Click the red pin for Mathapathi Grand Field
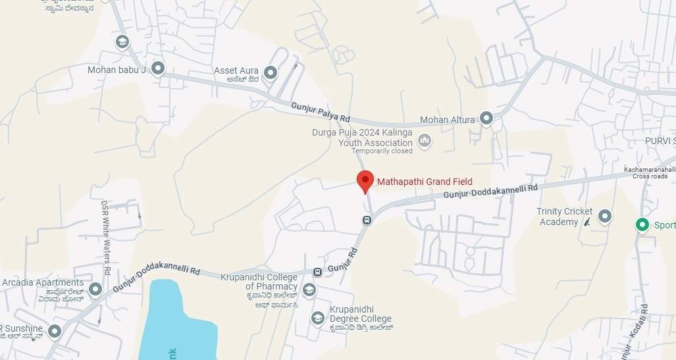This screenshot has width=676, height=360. click(x=365, y=180)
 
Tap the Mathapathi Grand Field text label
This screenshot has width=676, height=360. click(x=424, y=182)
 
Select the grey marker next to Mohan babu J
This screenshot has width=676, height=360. click(x=157, y=68)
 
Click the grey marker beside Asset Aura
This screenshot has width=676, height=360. click(x=270, y=72)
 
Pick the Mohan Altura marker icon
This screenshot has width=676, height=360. click(x=486, y=118)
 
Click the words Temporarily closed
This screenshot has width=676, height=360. click(x=382, y=151)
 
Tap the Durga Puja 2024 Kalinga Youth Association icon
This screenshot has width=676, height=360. click(x=425, y=140)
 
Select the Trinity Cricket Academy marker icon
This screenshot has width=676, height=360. click(x=604, y=215)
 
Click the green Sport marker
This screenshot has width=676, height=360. click(x=642, y=225)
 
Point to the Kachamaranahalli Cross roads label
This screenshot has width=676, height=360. click(x=650, y=172)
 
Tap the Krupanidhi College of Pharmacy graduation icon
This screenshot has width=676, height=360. click(x=309, y=289)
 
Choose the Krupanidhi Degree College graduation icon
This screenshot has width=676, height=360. click(x=318, y=319)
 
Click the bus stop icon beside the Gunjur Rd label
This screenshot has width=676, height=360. click(x=317, y=272)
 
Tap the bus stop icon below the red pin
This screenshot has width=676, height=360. click(x=367, y=220)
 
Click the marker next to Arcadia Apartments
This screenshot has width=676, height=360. click(x=95, y=289)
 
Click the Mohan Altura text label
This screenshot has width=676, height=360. click(x=447, y=120)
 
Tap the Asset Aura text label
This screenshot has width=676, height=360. click(x=235, y=70)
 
